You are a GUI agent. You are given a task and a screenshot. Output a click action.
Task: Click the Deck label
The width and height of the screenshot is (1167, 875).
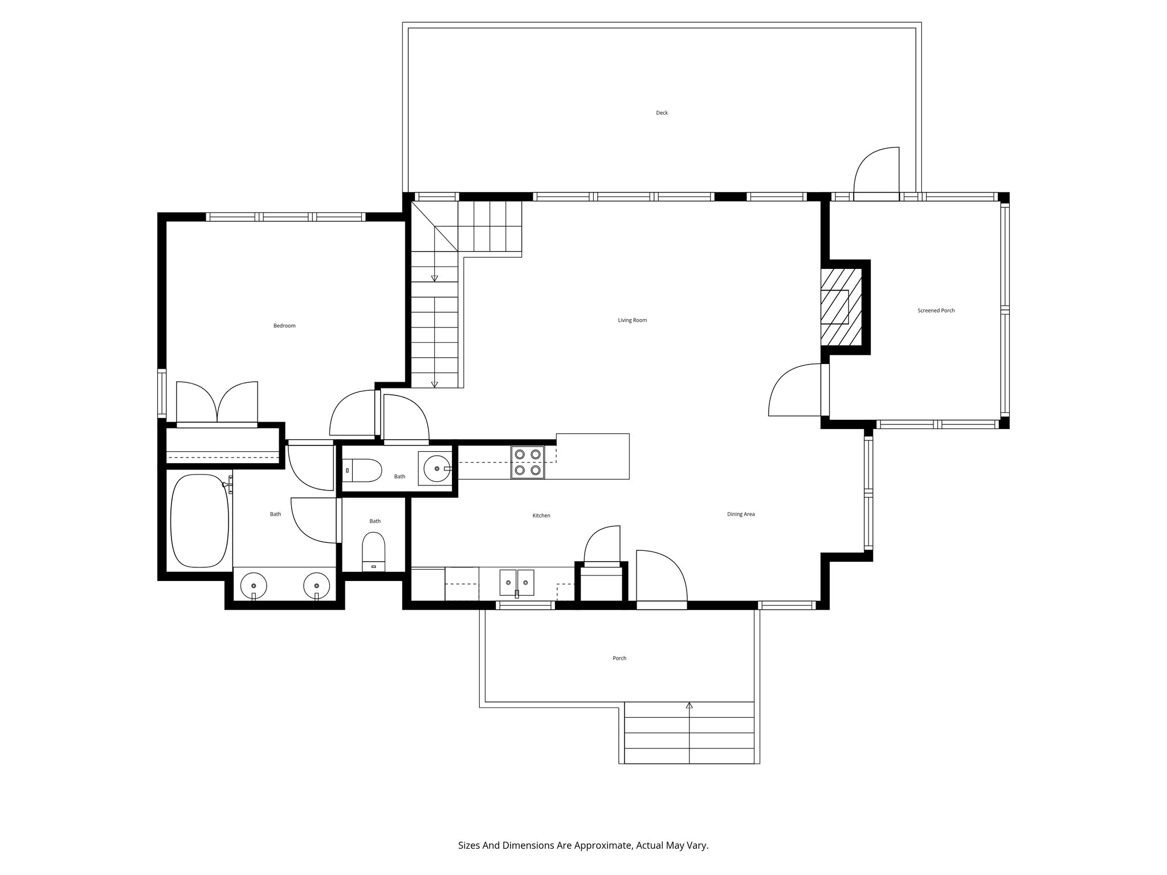[x=662, y=113]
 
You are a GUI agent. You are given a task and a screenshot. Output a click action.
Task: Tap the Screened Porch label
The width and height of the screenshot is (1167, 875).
[x=936, y=310]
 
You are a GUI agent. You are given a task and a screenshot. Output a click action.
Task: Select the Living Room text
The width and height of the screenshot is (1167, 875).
[x=632, y=320]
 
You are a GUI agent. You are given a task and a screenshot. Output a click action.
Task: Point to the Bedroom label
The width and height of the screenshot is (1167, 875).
[x=284, y=326]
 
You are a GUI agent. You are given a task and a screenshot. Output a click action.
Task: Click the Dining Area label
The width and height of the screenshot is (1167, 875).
[x=740, y=514]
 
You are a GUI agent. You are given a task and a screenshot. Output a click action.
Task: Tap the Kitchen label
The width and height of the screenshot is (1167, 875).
[x=541, y=516]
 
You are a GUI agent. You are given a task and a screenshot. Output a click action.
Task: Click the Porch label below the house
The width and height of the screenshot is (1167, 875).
[x=619, y=658]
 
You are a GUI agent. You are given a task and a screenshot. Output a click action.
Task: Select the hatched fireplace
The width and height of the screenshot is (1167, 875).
[x=841, y=307]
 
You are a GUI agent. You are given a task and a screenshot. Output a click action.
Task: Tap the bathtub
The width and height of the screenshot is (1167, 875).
[x=199, y=521]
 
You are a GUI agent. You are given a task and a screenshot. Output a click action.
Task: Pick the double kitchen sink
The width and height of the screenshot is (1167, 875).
[x=517, y=583]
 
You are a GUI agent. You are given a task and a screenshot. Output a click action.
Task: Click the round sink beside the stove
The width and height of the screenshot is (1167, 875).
[x=437, y=468]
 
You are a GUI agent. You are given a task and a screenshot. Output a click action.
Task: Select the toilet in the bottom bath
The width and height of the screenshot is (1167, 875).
[x=374, y=551]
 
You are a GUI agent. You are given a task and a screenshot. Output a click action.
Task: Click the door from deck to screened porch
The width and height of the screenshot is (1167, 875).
[x=876, y=174]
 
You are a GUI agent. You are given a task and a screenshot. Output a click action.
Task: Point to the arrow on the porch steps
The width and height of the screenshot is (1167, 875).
[x=689, y=706]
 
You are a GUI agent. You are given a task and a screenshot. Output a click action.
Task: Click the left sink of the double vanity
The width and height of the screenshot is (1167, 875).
[x=253, y=585]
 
